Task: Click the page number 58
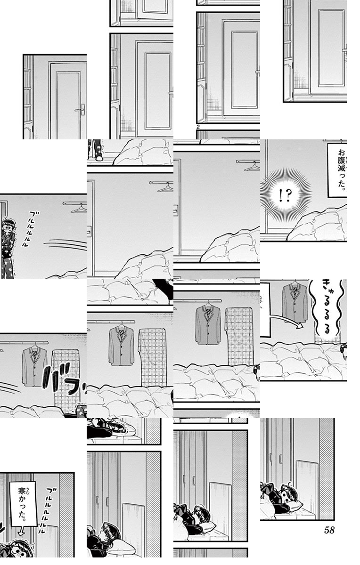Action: pos(329,530)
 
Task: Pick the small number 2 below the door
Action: pos(198,127)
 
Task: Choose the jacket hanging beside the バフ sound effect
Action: pos(34,366)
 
